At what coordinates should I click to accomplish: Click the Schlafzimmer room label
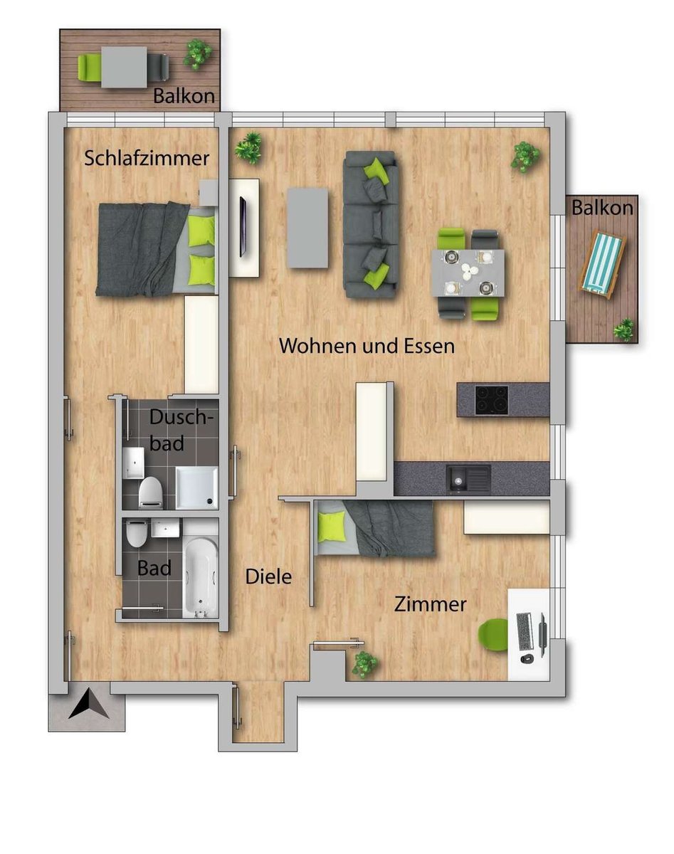pos(147,158)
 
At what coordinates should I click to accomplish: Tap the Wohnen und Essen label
pos(367,346)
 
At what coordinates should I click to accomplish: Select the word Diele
pos(268,576)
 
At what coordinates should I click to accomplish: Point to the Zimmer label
pos(430,604)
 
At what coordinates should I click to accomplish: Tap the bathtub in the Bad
pos(201,576)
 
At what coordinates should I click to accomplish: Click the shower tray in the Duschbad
pos(197,487)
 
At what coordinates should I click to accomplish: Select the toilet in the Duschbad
pos(151,493)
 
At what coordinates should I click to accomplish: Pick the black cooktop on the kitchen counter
pos(492,400)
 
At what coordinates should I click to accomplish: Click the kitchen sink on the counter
pos(468,480)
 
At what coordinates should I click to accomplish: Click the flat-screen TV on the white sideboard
pos(243,226)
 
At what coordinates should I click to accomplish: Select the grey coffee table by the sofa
pos(307,228)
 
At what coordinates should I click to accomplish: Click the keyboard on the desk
pos(524,632)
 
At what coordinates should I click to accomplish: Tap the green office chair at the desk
pos(493,635)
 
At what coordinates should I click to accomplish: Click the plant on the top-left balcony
pos(198,54)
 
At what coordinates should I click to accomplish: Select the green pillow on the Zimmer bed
pos(332,526)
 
